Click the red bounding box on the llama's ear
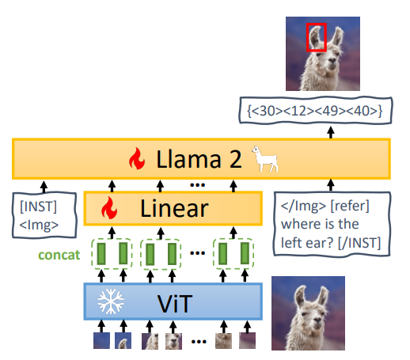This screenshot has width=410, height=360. pyautogui.click(x=307, y=37)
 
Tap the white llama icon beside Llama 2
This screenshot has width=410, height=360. pyautogui.click(x=264, y=159)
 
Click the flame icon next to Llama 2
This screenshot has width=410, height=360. pyautogui.click(x=137, y=158)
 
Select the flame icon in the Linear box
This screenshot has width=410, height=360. pyautogui.click(x=109, y=208)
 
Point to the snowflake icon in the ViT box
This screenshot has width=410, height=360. pyautogui.click(x=111, y=301)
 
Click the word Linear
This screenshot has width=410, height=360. pyautogui.click(x=174, y=209)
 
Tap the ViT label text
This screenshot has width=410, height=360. pyautogui.click(x=175, y=304)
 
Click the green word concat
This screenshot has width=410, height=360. pyautogui.click(x=59, y=255)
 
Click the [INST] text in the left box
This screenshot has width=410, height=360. pyautogui.click(x=38, y=207)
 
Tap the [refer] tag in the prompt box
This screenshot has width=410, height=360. pyautogui.click(x=350, y=206)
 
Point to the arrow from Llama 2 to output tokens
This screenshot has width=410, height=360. pyautogui.click(x=331, y=132)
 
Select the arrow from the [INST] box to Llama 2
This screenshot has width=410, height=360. pyautogui.click(x=44, y=187)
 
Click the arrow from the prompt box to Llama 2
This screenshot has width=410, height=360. pyautogui.click(x=331, y=185)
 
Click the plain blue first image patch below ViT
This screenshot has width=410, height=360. pyautogui.click(x=101, y=341)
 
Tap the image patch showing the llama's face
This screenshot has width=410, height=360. pyautogui.click(x=173, y=341)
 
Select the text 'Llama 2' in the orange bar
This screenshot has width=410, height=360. pyautogui.click(x=199, y=159)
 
